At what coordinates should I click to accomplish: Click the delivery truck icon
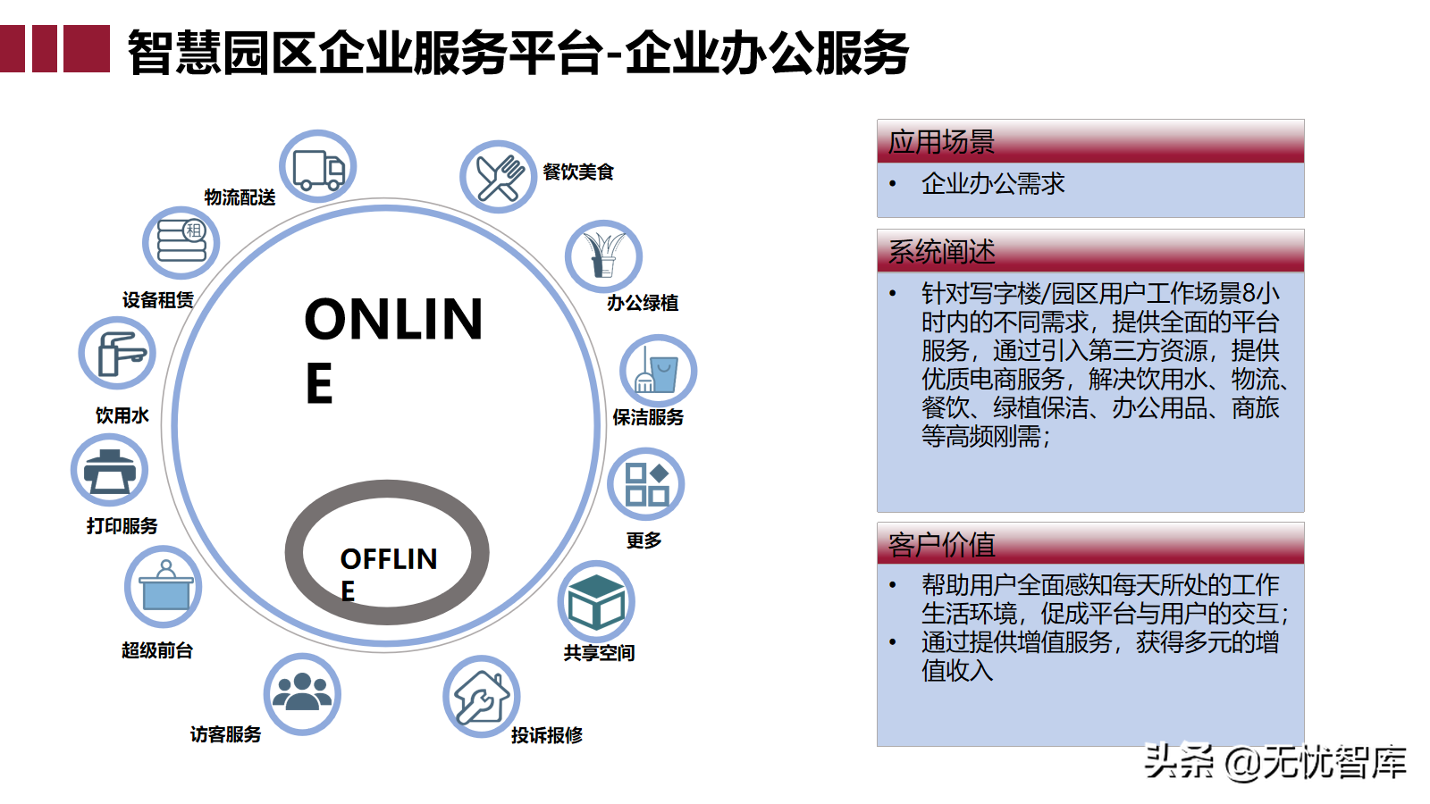pyautogui.click(x=318, y=168)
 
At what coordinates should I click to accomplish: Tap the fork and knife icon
pyautogui.click(x=499, y=177)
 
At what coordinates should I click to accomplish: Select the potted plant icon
pyautogui.click(x=603, y=256)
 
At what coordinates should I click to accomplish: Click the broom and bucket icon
pyautogui.click(x=658, y=371)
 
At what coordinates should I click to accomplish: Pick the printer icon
pyautogui.click(x=109, y=471)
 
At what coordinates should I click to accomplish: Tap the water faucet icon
pyautogui.click(x=117, y=354)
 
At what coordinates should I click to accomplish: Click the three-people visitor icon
pyautogui.click(x=302, y=693)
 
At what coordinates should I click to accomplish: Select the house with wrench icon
pyautogui.click(x=481, y=696)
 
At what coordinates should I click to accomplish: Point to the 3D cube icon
pyautogui.click(x=596, y=601)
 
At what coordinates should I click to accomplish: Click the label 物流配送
pyautogui.click(x=240, y=197)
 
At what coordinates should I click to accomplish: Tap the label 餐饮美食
pyautogui.click(x=578, y=172)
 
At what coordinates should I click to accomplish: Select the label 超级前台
pyautogui.click(x=157, y=650)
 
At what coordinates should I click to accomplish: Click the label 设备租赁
pyautogui.click(x=158, y=300)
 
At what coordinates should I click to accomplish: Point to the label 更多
pyautogui.click(x=643, y=540)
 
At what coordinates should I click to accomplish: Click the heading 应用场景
pyautogui.click(x=941, y=142)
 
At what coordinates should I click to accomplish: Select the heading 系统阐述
pyautogui.click(x=941, y=252)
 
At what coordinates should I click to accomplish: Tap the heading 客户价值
pyautogui.click(x=941, y=544)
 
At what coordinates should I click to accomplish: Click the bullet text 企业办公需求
pyautogui.click(x=993, y=184)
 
